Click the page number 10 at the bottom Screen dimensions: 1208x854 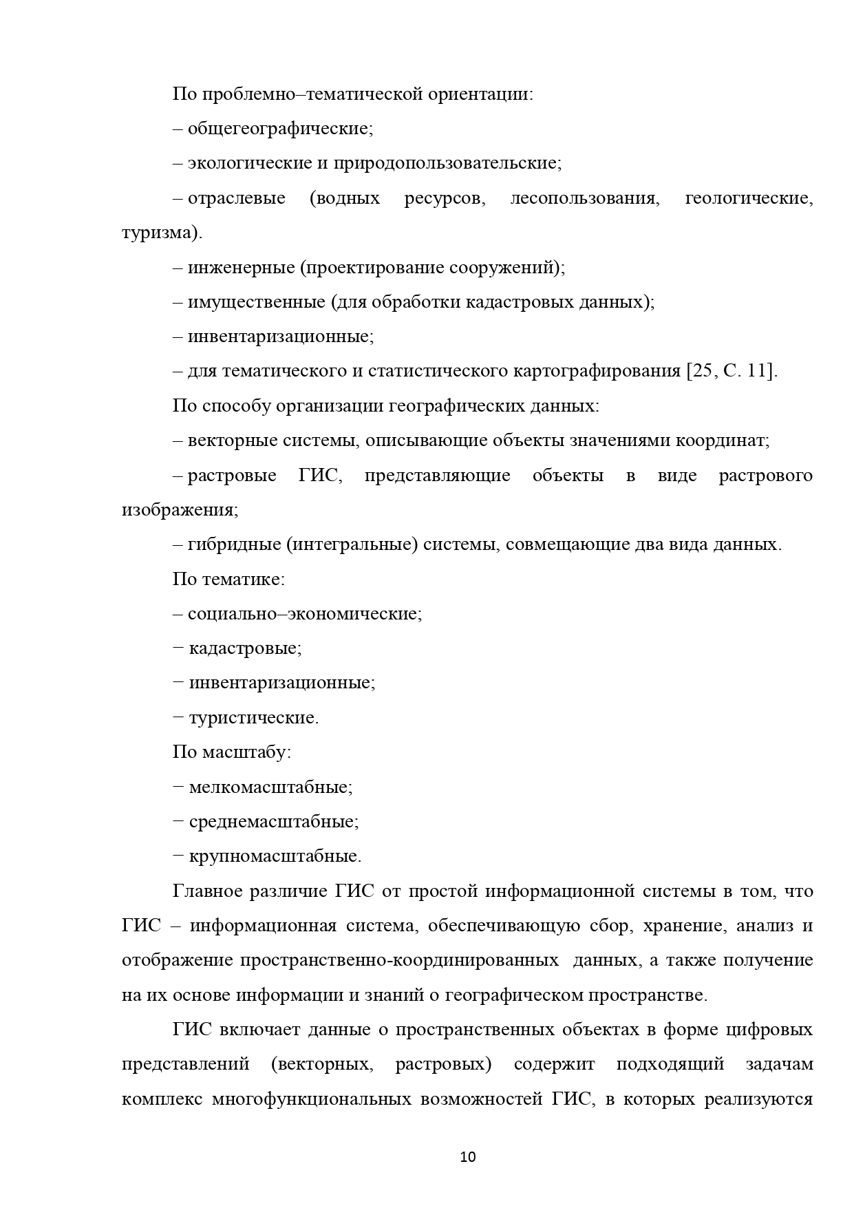(467, 1157)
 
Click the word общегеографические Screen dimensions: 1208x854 (280, 129)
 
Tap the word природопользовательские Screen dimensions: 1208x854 (447, 163)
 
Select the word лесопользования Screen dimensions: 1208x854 (585, 198)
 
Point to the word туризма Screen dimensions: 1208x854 (160, 233)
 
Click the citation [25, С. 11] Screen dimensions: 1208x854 (732, 372)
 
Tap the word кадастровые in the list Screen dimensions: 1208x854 (245, 648)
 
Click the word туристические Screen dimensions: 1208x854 (253, 718)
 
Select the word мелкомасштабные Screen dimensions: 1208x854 (270, 787)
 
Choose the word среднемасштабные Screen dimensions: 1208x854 (273, 822)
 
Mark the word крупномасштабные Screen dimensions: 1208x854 (275, 857)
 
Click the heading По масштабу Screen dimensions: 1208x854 (232, 752)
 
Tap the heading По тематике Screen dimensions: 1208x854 (228, 580)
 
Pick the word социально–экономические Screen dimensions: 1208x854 (305, 614)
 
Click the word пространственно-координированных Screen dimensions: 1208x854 (399, 961)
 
